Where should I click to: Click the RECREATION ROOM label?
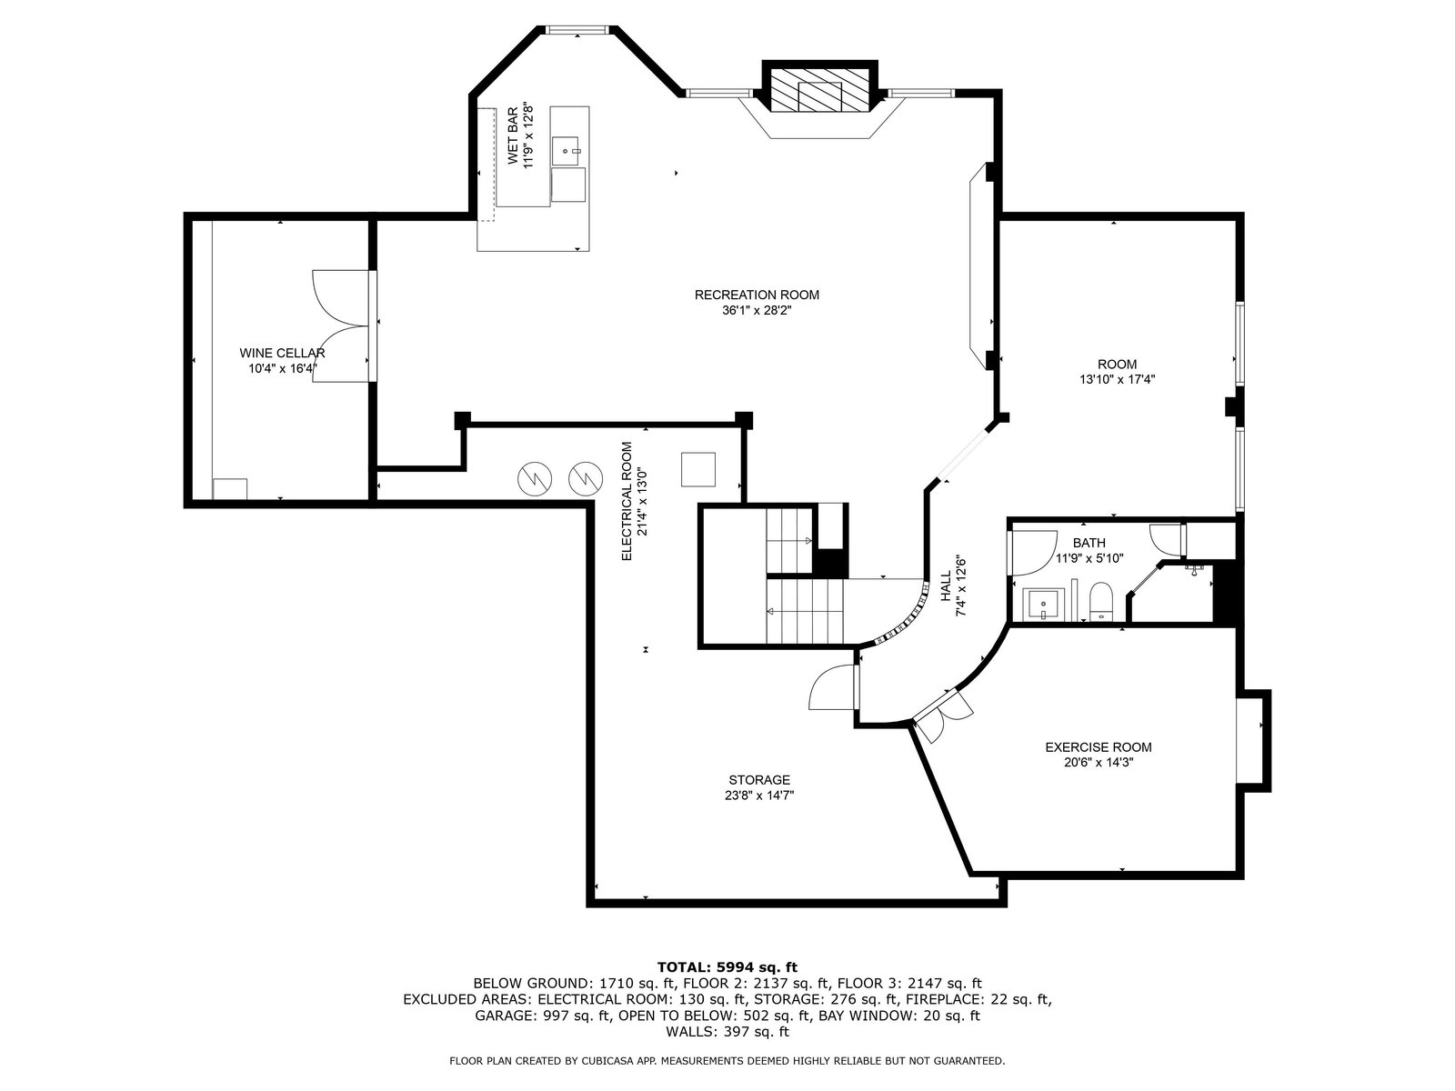(757, 295)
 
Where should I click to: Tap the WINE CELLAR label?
(282, 353)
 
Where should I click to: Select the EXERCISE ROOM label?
(1099, 747)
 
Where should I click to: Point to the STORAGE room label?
(759, 780)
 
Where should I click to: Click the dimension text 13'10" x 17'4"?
(1117, 379)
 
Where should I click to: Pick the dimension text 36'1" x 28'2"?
(757, 310)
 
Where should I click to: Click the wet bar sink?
(566, 151)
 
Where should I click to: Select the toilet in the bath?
(1100, 602)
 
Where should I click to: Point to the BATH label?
(1089, 543)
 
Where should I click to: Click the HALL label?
(946, 587)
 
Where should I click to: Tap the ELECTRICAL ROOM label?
(627, 502)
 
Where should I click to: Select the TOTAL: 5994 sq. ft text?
(727, 967)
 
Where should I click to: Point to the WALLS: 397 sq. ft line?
(727, 1031)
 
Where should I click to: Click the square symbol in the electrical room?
(698, 469)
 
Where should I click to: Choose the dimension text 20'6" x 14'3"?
(1099, 763)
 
